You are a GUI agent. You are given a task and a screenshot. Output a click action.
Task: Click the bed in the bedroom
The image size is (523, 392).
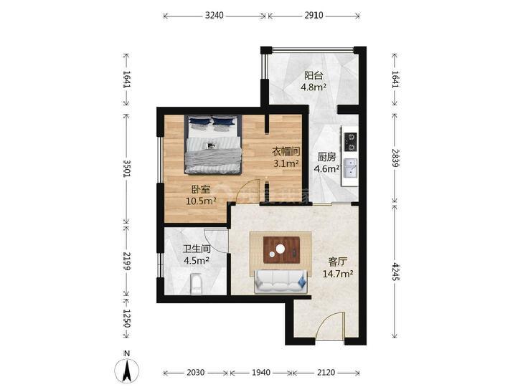point(213,145)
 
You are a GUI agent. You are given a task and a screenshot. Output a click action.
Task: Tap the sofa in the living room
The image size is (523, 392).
point(280,280)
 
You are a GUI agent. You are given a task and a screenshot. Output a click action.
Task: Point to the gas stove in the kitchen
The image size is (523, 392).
point(351,139)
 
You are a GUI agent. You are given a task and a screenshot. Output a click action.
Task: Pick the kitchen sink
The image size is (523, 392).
point(351,170)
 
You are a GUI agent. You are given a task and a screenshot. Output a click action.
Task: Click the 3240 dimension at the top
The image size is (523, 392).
point(215,14)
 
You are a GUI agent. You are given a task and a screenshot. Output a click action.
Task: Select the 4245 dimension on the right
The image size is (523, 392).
point(396,272)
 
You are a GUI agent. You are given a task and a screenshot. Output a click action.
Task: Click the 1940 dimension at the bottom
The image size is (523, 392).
point(261,373)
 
